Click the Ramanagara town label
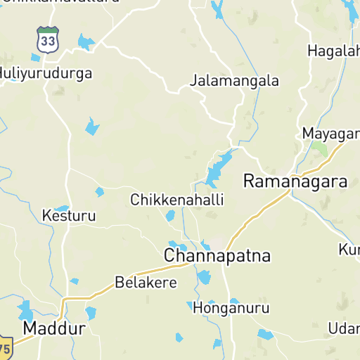[x=295, y=181]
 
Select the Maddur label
[x=54, y=328]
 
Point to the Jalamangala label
[x=234, y=81]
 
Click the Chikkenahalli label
[x=177, y=200]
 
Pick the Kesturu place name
[x=69, y=215]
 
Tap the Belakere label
[x=146, y=283]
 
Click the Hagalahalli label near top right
[x=333, y=51]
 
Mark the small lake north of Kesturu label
[x=62, y=209]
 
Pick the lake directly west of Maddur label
[x=26, y=310]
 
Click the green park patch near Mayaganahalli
[x=321, y=148]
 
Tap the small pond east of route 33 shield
[x=85, y=42]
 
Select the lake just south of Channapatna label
[x=204, y=276]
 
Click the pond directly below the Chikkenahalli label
[x=169, y=215]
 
